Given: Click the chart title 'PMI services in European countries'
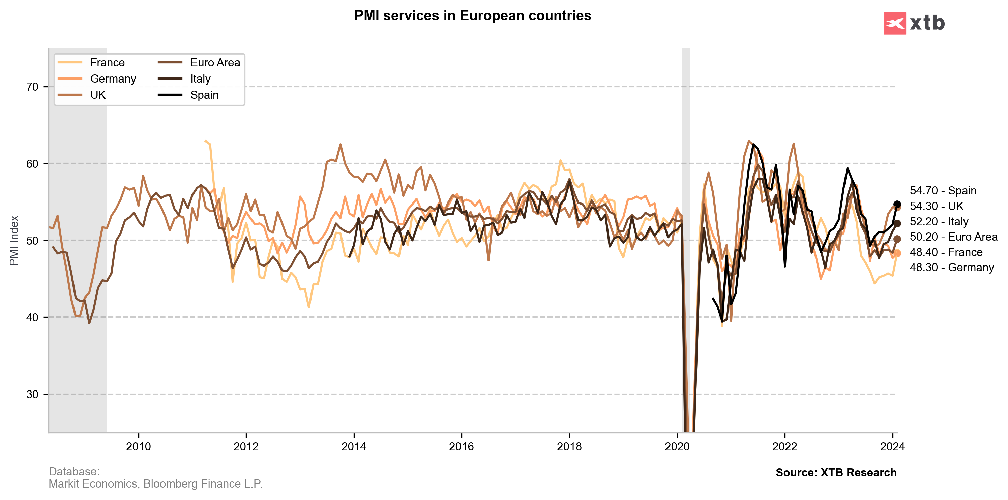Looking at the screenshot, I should tap(472, 15).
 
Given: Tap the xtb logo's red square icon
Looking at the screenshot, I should tap(894, 24).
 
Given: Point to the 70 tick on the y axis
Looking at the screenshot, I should tap(32, 87).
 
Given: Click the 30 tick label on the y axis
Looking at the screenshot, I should tap(32, 394).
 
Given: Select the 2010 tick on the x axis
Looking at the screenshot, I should tap(138, 446).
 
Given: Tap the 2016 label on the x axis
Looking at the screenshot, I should tap(461, 446).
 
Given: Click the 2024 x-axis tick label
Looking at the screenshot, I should tap(892, 446).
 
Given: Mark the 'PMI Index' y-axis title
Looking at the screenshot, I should tap(14, 241).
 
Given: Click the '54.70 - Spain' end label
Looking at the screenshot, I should tap(943, 191).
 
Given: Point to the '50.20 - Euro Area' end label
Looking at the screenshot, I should tap(953, 237).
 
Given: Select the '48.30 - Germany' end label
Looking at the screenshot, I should tap(951, 268).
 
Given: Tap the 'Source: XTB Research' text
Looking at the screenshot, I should tap(836, 473).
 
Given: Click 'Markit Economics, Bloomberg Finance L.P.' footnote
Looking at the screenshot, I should tap(155, 484).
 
